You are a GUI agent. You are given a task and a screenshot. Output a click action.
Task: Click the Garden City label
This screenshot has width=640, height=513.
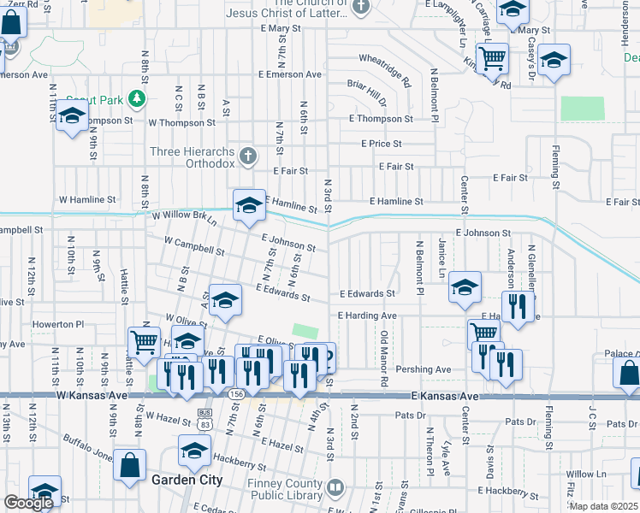[187, 481]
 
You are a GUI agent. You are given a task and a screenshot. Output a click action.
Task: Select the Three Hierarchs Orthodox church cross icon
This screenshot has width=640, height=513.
[247, 156]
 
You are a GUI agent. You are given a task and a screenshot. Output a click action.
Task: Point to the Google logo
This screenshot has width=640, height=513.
[28, 503]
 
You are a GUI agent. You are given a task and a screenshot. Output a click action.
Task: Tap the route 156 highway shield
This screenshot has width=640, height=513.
[235, 394]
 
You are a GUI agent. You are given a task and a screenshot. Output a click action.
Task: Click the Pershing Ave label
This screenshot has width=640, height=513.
[430, 369]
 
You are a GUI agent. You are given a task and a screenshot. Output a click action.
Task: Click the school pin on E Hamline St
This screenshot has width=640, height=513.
[249, 205]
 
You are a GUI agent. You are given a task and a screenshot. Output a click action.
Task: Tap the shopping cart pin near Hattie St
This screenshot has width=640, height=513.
[145, 343]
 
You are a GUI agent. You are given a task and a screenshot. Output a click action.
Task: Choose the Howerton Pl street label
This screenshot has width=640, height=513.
[58, 325]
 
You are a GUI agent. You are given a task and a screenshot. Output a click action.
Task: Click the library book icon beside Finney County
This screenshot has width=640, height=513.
[336, 488]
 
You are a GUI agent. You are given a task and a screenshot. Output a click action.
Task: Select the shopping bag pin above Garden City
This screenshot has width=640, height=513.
[130, 466]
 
